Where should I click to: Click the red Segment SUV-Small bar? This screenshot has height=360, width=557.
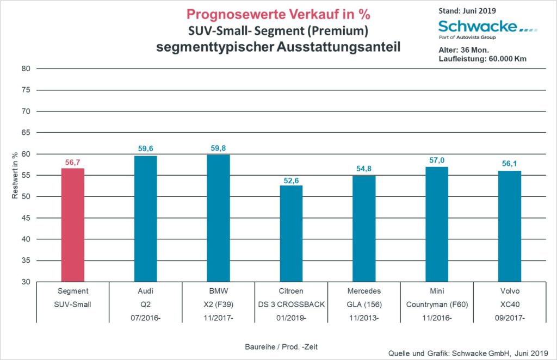73,225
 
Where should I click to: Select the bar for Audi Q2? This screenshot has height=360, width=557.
146,219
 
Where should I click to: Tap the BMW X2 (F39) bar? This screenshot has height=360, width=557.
218,218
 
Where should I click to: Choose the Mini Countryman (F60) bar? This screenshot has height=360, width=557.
436,224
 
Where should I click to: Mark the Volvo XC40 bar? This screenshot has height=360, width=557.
510,226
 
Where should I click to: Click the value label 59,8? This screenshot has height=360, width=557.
218,148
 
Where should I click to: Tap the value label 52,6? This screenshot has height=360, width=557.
291,179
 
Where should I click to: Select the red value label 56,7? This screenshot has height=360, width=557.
73,162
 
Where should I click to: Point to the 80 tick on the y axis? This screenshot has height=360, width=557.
26,69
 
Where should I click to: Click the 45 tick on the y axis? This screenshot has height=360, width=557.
26,218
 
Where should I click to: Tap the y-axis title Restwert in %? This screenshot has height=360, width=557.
15,176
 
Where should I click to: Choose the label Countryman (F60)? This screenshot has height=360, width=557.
436,304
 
